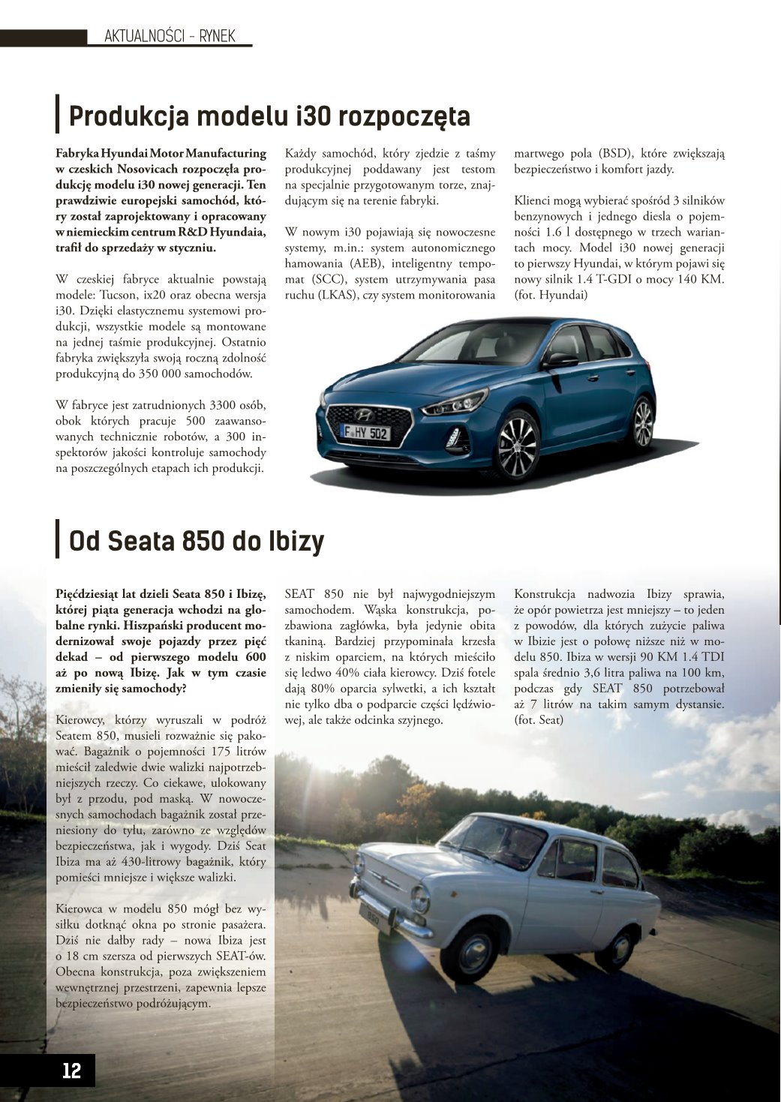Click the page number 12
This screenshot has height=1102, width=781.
point(71,1070)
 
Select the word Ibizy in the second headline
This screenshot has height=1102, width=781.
point(296,540)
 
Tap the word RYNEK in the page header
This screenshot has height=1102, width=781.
point(218,36)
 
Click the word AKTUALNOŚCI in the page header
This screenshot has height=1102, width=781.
point(143,36)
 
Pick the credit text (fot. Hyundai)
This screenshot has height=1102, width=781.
point(551,296)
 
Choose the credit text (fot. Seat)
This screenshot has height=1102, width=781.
point(539,720)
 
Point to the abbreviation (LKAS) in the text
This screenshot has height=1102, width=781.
point(341,296)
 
